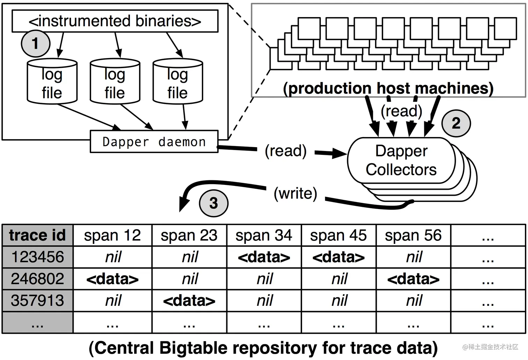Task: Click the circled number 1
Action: pos(35,44)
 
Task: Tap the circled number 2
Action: pos(456,123)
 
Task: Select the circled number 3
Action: pos(213,203)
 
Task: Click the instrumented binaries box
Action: pos(115,21)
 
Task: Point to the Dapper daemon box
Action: pos(154,142)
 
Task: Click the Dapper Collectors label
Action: pos(401,160)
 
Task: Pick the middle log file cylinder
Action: pos(115,82)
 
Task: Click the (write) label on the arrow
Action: pos(295,193)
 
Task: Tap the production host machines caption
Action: pos(388,88)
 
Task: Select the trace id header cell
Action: pos(37,235)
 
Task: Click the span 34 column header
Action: pos(264,235)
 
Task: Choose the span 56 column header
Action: pos(413,235)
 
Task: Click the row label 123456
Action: pos(37,257)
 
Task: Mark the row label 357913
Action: pos(37,301)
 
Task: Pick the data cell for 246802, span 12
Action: pos(112,279)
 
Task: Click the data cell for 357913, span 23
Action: pos(189,301)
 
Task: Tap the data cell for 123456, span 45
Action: pos(338,257)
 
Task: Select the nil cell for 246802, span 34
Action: pos(264,279)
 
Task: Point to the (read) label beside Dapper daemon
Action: pos(286,151)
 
